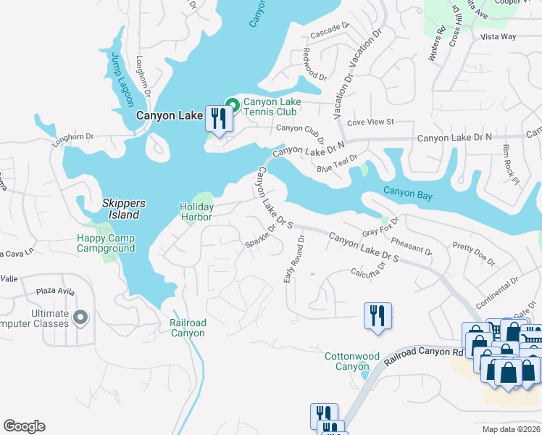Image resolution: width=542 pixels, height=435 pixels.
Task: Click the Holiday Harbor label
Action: coord(196,212)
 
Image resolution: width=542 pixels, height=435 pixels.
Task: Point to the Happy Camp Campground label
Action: coord(107,243)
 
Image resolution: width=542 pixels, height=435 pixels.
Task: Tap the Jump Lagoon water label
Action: coord(118,80)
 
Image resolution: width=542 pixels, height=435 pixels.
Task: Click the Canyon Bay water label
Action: coord(408,194)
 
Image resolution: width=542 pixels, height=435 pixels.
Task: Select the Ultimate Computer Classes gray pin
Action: coord(80,318)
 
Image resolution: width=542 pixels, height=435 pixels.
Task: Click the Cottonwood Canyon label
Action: coord(352,361)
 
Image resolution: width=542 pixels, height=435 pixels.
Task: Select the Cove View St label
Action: coord(370,123)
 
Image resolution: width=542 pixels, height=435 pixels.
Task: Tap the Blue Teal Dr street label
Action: coord(337,164)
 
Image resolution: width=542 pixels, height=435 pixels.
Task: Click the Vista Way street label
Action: coord(499,36)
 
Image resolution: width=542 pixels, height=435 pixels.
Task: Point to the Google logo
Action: coord(24,426)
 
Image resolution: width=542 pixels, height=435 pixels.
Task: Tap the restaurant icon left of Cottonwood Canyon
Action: coord(378,316)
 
